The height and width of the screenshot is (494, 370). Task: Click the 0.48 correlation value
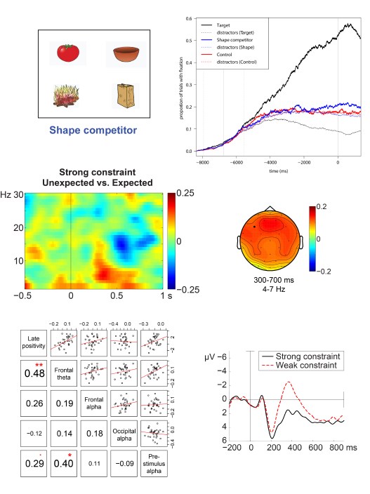click(33, 373)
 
